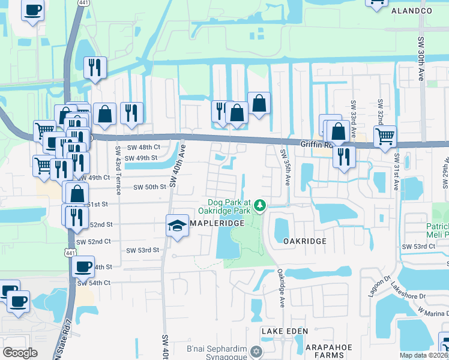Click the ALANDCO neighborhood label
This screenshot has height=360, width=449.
(411, 11)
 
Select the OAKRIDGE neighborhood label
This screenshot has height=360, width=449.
(304, 241)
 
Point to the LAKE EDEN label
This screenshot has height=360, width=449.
(284, 331)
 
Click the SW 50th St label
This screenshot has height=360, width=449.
(149, 187)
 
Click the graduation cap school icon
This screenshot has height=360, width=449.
(177, 226)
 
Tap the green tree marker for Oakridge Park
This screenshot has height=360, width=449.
(260, 206)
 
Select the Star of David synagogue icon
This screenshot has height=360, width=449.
(257, 351)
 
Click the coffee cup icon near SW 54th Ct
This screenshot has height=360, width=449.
(83, 265)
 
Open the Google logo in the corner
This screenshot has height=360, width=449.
(20, 353)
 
